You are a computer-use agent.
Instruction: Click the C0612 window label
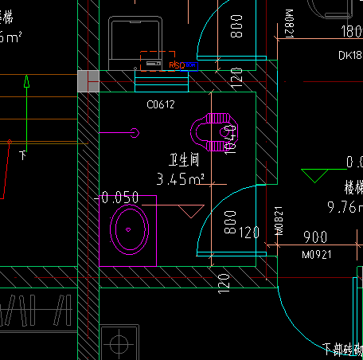tap(160, 104)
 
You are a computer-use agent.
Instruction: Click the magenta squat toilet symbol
tap(213, 132)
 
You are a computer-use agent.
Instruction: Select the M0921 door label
tap(316, 255)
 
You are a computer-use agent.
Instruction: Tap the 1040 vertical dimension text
tap(230, 141)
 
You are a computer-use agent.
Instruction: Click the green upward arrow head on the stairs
tap(27, 81)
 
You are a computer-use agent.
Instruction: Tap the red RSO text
tap(176, 65)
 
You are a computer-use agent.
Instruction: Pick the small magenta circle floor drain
tap(134, 133)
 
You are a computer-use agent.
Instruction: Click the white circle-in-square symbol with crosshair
tap(119, 346)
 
